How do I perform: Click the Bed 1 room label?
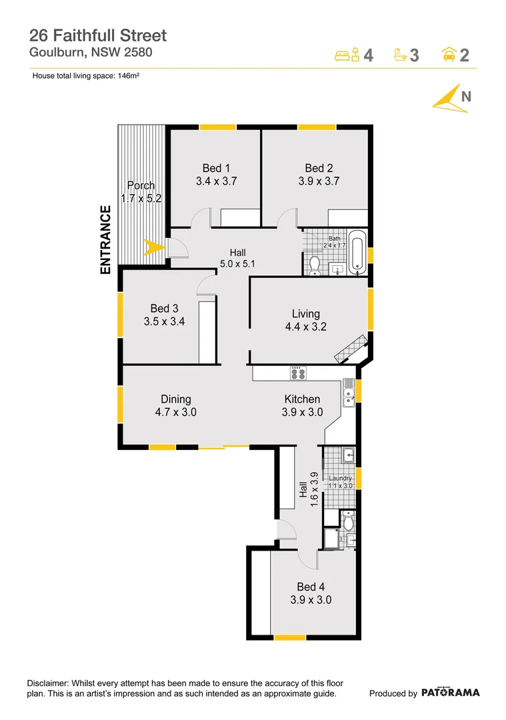click(216, 168)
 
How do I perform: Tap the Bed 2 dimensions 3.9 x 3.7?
click(319, 181)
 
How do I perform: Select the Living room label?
click(305, 313)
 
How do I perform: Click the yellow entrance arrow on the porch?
click(154, 247)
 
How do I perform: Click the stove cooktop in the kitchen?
click(297, 373)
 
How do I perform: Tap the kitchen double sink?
click(348, 393)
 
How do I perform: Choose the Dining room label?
click(175, 399)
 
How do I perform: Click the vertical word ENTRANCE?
click(105, 241)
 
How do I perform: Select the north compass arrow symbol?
click(446, 99)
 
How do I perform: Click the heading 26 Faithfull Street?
click(98, 35)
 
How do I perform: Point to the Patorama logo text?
click(450, 693)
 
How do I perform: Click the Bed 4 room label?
click(311, 587)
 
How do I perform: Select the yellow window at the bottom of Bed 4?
click(290, 637)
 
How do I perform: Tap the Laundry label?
click(340, 478)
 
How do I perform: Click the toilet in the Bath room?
click(315, 265)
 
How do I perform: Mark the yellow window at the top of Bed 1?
click(217, 127)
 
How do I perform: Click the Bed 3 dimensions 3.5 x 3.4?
click(164, 321)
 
